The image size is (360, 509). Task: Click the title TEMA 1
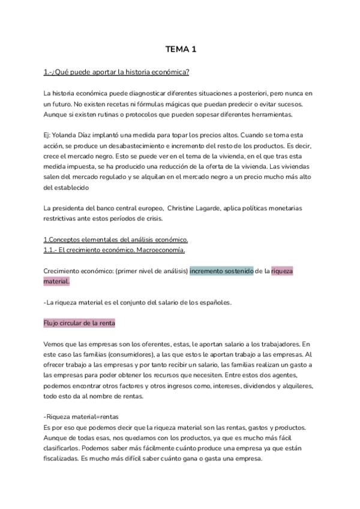180,49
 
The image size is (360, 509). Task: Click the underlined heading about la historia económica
116,73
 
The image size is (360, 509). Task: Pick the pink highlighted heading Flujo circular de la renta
79,323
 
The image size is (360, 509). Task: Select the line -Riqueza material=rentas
81,417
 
